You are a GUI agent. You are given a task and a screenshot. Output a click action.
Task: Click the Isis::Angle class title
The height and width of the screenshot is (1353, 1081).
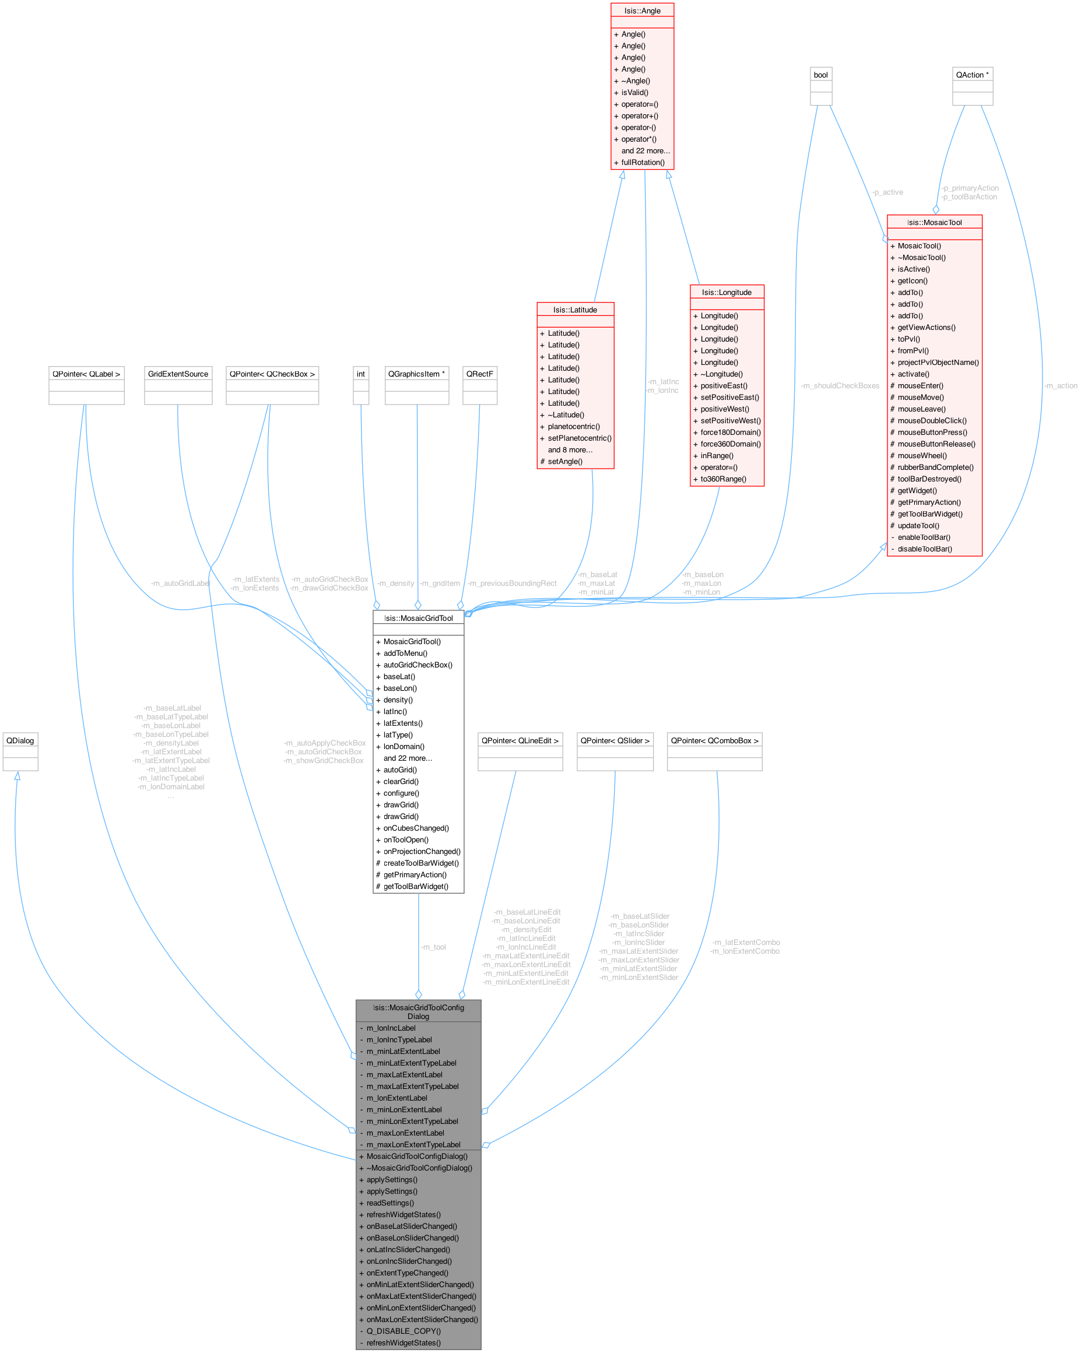tap(642, 10)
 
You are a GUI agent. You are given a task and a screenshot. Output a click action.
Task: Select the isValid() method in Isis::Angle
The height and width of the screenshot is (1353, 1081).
tap(634, 92)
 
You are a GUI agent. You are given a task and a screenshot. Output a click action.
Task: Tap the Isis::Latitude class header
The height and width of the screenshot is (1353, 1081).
tap(575, 310)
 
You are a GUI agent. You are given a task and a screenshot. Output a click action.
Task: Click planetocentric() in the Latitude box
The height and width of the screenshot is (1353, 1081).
tap(573, 427)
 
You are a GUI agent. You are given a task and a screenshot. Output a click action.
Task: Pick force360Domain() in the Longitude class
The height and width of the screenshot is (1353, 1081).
tap(730, 444)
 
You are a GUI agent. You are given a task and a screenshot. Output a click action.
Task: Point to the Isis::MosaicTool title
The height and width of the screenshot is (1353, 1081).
tap(934, 223)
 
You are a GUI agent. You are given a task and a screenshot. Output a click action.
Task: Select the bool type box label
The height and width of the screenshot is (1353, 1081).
tap(820, 75)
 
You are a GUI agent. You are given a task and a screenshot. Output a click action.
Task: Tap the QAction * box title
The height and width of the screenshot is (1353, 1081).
tap(972, 75)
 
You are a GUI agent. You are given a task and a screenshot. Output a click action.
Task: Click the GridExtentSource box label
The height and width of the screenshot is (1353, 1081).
tap(178, 374)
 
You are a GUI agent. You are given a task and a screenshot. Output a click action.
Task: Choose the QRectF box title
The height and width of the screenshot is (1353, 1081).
tap(480, 374)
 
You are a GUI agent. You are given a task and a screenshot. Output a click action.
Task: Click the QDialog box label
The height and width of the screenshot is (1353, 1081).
tap(20, 740)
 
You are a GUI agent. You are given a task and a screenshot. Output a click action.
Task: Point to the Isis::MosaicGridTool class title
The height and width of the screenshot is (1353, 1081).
tap(418, 618)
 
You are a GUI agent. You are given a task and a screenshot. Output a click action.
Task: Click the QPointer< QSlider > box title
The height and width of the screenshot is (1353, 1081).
tap(615, 740)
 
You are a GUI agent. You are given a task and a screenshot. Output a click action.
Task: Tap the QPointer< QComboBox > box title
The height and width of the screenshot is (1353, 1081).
tap(714, 740)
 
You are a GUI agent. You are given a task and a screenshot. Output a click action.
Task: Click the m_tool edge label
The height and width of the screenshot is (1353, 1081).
tap(434, 947)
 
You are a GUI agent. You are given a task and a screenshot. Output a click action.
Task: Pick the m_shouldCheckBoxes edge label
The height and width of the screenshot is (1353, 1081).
tap(840, 386)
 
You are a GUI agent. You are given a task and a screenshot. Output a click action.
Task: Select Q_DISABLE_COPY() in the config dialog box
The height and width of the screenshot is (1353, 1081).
tap(403, 1331)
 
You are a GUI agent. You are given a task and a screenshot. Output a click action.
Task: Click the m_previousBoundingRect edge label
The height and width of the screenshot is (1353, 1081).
tap(513, 584)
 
